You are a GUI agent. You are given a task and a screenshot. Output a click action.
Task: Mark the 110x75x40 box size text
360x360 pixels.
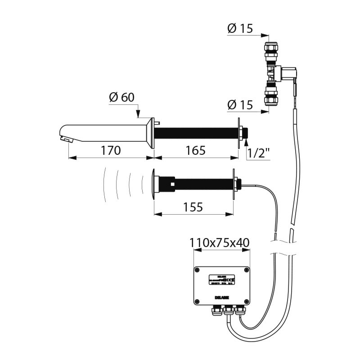220,243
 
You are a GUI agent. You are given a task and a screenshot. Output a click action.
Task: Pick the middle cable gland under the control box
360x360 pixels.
228,310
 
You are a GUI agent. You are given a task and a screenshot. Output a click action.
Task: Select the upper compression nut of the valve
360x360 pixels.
271,49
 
